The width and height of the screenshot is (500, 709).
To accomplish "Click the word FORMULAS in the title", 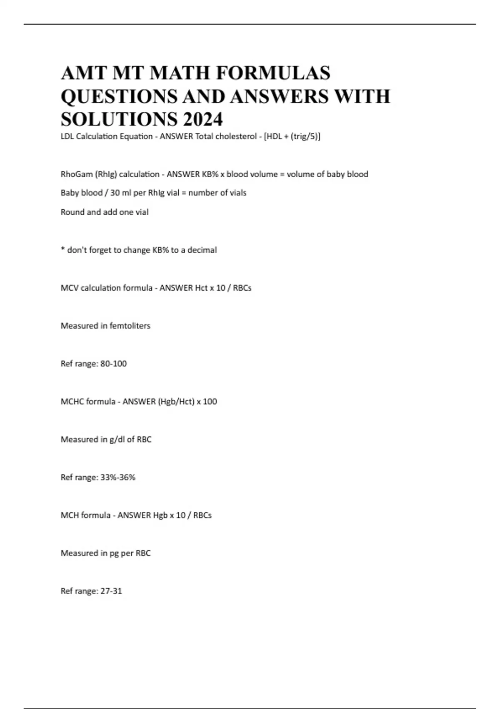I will [x=273, y=73].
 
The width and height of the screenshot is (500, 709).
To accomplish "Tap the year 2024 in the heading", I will [x=202, y=119].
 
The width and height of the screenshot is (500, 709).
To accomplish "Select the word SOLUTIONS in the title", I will [x=119, y=119].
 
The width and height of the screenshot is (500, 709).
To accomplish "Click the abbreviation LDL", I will [x=67, y=136].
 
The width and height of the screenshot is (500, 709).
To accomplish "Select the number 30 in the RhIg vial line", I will [x=115, y=193].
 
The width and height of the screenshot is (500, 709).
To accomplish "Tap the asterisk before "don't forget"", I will [x=63, y=250].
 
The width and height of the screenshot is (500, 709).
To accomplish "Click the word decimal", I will [x=202, y=250].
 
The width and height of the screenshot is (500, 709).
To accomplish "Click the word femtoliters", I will [x=130, y=326].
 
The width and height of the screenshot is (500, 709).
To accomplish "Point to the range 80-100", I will [x=114, y=364].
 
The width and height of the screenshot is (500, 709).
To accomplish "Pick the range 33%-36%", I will [x=118, y=478].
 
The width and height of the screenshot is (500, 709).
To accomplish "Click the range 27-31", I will [x=111, y=591].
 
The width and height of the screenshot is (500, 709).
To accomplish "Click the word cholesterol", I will [x=233, y=136].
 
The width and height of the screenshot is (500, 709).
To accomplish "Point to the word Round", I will [x=72, y=212].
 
